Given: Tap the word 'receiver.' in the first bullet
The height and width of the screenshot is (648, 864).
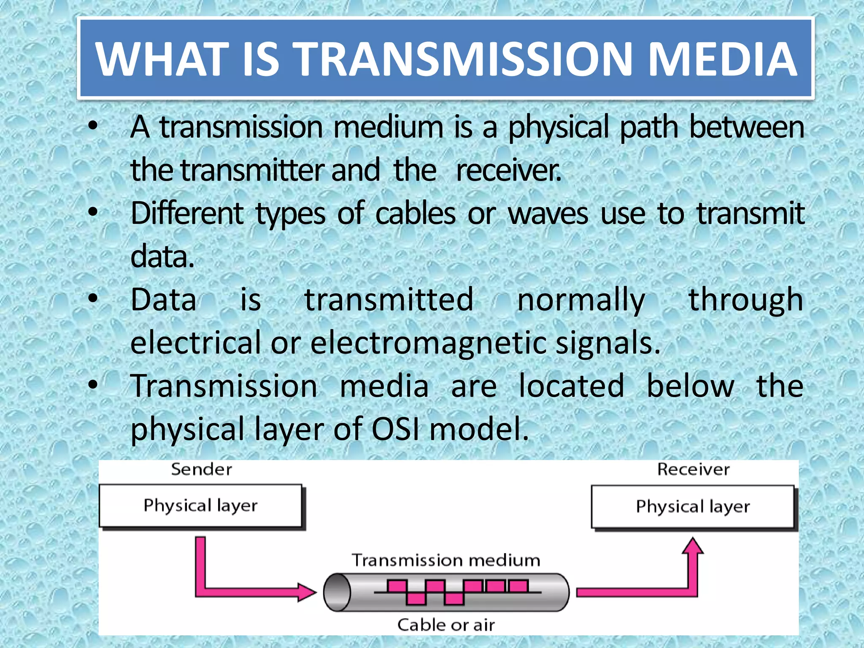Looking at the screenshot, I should click(x=509, y=170).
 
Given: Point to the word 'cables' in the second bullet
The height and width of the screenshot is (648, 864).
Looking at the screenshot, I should click(x=415, y=213).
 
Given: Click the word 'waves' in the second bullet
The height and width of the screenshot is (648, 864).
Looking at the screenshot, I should click(x=548, y=213).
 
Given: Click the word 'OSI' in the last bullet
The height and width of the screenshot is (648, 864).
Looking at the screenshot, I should click(x=395, y=429).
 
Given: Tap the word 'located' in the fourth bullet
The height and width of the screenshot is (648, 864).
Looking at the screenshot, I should click(x=571, y=386).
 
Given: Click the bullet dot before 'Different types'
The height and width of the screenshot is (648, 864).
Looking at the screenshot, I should click(x=93, y=212).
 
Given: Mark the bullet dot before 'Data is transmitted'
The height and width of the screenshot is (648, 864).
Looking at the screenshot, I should click(x=93, y=299).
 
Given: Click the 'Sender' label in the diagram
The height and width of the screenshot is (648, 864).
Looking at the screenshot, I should click(x=202, y=469).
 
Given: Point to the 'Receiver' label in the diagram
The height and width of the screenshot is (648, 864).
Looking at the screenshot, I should click(x=693, y=469).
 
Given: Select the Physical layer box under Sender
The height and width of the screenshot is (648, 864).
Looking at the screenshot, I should click(x=201, y=505).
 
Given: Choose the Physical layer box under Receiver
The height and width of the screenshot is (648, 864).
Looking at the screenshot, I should click(x=693, y=507).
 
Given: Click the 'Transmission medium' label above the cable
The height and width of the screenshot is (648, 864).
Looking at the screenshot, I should click(x=446, y=560).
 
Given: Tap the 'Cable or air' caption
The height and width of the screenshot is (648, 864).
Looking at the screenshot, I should click(x=446, y=625).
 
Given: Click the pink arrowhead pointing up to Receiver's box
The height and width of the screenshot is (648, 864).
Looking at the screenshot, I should click(x=693, y=545).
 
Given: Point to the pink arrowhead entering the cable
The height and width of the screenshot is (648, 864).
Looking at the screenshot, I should click(x=307, y=592).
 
